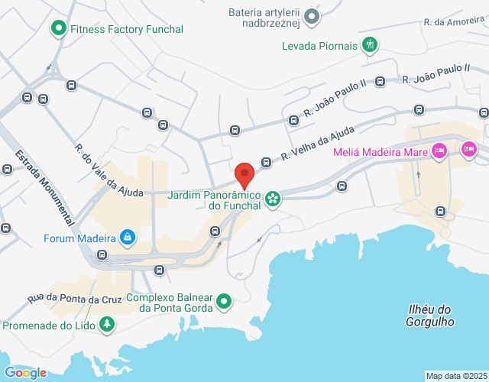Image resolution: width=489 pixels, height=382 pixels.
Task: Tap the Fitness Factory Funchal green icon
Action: pyautogui.click(x=58, y=30)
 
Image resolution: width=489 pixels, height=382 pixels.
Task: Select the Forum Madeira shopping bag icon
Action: pyautogui.click(x=128, y=237)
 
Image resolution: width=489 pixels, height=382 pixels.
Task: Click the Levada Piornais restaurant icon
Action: pyautogui.click(x=370, y=46)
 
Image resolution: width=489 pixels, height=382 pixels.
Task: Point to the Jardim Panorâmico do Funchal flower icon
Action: pyautogui.click(x=273, y=199)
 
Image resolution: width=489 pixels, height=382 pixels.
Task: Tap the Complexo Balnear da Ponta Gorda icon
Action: pyautogui.click(x=223, y=302)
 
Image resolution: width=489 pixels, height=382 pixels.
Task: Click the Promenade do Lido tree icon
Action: pyautogui.click(x=107, y=325)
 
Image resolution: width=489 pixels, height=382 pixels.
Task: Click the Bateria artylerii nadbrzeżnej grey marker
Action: pyautogui.click(x=311, y=16)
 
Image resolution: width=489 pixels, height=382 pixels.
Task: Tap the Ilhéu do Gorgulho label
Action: pyautogui.click(x=429, y=315)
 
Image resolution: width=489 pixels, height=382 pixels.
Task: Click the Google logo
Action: pyautogui.click(x=24, y=372)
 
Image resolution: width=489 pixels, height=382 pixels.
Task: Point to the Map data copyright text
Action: pyautogui.click(x=455, y=376)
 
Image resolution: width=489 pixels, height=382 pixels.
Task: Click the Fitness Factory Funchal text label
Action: pyautogui.click(x=127, y=30)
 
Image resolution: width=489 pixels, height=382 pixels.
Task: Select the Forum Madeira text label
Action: pyautogui.click(x=74, y=237)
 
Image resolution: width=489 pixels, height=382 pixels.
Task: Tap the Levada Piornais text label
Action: pyautogui.click(x=319, y=46)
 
